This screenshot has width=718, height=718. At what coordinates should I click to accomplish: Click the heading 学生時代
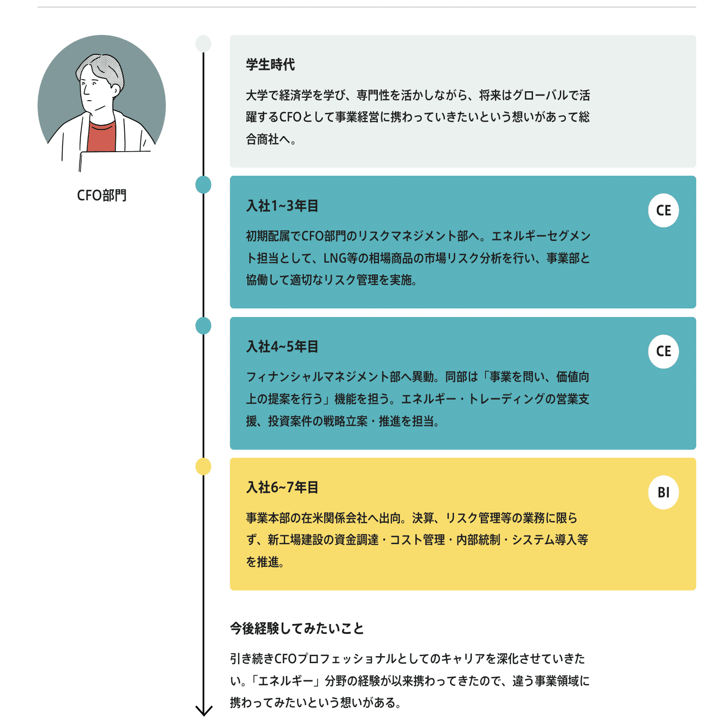coord(270,65)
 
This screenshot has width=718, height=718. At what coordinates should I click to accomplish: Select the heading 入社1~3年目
coord(282,206)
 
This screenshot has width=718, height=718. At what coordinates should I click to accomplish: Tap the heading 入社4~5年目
coord(282,347)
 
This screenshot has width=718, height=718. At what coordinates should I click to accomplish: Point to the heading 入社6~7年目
coord(282,487)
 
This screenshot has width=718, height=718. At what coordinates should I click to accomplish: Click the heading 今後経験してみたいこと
coord(297,629)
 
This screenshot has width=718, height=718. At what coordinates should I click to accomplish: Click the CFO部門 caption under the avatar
coord(102,196)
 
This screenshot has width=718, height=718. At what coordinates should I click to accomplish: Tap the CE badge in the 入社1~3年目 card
coord(663,211)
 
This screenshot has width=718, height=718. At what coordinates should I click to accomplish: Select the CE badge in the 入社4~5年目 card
coord(663,351)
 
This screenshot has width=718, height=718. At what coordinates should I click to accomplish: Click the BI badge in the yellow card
coord(663,493)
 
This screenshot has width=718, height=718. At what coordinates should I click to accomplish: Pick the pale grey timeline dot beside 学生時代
coord(203,43)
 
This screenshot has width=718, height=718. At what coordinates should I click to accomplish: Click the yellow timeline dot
coord(203,467)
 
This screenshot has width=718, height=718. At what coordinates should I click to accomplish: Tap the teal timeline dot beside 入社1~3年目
coord(203,184)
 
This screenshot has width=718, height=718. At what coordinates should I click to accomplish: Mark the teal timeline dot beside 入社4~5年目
coord(203,326)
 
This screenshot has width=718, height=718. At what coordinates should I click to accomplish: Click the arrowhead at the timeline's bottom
coord(204,710)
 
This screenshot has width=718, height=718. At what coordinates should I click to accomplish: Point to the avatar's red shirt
coord(102,137)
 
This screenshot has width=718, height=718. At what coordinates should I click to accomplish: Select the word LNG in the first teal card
coord(334,258)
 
